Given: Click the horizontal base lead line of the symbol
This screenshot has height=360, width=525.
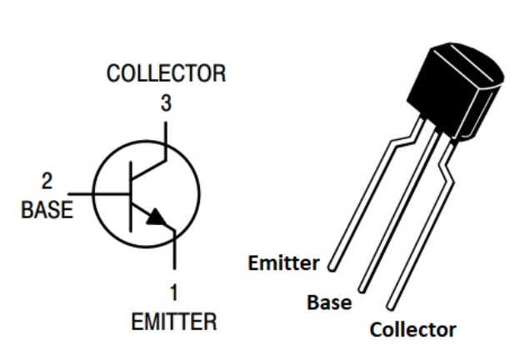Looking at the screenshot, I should pyautogui.click(x=100, y=194).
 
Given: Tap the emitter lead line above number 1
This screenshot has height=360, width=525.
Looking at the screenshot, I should pyautogui.click(x=173, y=254).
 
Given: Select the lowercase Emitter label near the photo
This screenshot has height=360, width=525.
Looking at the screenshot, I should pyautogui.click(x=283, y=265).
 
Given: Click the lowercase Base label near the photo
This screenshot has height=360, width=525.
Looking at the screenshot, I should pyautogui.click(x=328, y=303).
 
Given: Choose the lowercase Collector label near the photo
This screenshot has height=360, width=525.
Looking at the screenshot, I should pyautogui.click(x=412, y=329).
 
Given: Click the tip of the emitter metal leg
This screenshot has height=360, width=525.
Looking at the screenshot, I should pyautogui.click(x=332, y=269).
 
